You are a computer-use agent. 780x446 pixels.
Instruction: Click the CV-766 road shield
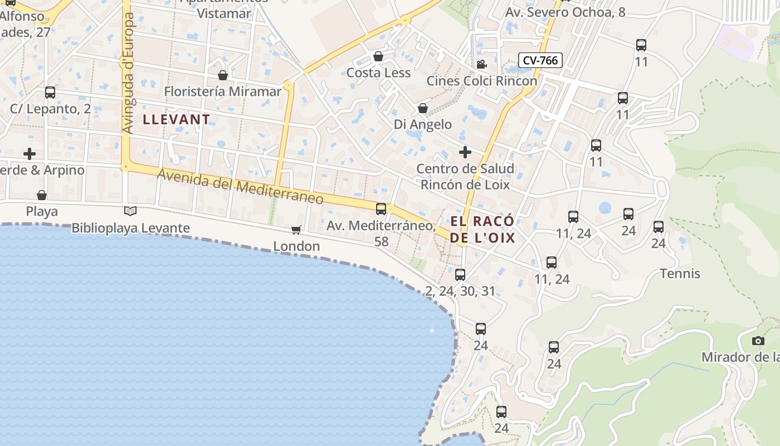(540, 60)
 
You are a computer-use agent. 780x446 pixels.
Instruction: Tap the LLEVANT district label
(177, 119)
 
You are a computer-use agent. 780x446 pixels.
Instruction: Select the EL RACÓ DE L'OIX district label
(482, 230)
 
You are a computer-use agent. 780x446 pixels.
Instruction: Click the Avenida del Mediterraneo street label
(240, 187)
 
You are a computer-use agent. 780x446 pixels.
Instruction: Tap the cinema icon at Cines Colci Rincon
(481, 64)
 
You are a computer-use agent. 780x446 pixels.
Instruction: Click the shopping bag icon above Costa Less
(378, 56)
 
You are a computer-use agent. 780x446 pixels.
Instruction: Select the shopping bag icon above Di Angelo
(423, 108)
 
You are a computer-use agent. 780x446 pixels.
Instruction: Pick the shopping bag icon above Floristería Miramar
(223, 75)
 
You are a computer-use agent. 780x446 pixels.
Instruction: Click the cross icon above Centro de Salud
(465, 152)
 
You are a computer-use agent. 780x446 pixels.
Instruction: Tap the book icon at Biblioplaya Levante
(130, 211)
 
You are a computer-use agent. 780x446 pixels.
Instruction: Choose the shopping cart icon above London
(296, 230)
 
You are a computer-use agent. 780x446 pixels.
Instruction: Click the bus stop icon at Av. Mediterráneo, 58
(381, 209)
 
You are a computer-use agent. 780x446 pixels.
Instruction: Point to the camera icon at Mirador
(758, 341)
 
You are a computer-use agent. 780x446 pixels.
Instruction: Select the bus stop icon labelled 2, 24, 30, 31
(460, 274)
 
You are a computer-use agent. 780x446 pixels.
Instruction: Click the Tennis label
(680, 274)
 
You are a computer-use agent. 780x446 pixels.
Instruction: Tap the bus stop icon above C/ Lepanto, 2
(50, 92)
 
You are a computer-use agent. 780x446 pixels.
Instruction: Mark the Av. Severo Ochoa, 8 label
(565, 12)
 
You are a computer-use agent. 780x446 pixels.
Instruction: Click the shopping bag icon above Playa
(42, 195)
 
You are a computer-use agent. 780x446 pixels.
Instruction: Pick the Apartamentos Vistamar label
(225, 8)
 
